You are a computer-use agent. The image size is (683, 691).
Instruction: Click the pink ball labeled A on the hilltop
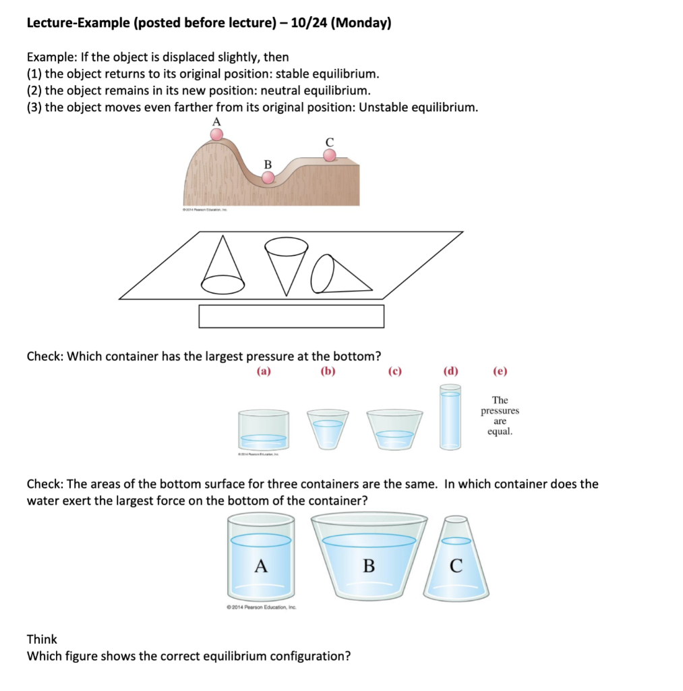216,134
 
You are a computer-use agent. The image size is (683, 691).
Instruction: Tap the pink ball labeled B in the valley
268,177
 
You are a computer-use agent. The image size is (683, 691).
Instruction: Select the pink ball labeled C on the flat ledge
329,155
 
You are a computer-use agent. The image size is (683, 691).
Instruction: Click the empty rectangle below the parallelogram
291,316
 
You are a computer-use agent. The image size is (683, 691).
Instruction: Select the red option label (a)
264,370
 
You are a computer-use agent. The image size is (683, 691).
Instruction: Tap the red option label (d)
450,370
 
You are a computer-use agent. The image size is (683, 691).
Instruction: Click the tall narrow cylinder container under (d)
450,417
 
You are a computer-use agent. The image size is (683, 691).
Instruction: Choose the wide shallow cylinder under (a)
264,429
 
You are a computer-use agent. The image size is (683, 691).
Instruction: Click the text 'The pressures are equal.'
500,416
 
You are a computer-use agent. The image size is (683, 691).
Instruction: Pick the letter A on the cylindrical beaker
261,566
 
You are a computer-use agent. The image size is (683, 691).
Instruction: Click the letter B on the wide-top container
369,566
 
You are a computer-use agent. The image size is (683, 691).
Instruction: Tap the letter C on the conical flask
456,566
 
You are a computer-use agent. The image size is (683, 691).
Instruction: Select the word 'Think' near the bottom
42,639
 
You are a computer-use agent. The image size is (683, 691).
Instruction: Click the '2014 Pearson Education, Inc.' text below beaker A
262,607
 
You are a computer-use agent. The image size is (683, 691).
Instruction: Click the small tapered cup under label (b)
328,429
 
